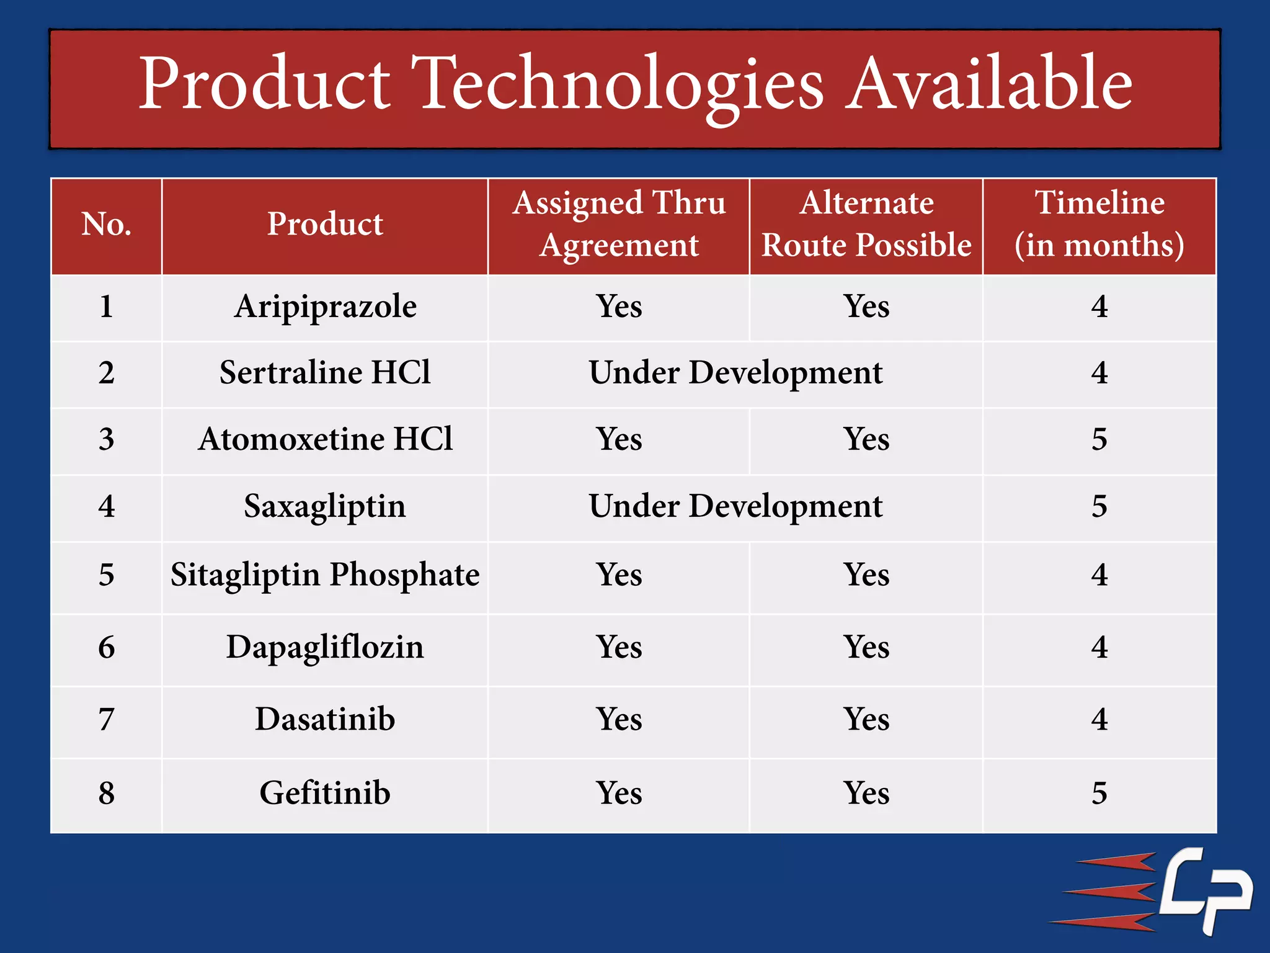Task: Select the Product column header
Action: (325, 224)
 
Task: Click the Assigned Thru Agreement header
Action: (619, 224)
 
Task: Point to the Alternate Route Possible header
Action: (866, 224)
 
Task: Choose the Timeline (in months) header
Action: (1099, 224)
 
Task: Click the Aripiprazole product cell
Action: (325, 306)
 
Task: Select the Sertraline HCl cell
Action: (325, 373)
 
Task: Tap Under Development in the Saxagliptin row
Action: (735, 506)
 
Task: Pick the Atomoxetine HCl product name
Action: (325, 439)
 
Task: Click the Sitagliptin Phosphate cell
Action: (325, 575)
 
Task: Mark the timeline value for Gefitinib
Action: (1099, 794)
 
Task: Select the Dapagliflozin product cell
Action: (325, 647)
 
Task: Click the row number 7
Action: (107, 720)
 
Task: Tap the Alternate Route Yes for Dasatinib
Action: (866, 720)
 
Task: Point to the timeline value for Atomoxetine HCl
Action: (1099, 439)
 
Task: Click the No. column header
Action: (107, 224)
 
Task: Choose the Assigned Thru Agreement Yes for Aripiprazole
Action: (619, 306)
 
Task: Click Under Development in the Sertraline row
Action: (735, 373)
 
